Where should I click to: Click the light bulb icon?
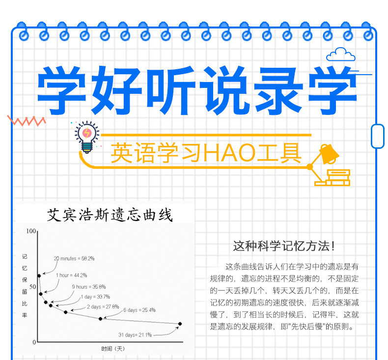point(87,137)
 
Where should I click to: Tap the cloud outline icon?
point(341,55)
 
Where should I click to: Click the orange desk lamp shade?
point(329,154)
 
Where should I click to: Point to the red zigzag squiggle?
point(27,121)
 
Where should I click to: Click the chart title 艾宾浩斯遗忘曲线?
point(110,215)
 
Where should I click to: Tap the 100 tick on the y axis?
point(31,231)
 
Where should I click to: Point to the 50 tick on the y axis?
point(33,287)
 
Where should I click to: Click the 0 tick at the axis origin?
point(34,342)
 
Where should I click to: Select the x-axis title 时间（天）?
point(113,349)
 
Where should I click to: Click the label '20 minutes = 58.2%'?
point(74,258)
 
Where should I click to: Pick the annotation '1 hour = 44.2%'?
point(72,275)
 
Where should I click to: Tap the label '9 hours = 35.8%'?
point(89,287)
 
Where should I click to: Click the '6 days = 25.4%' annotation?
point(139,310)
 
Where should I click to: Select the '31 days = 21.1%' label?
point(135,335)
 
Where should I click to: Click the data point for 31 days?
point(180,324)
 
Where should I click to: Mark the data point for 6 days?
point(101,319)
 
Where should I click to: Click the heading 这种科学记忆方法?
point(284,246)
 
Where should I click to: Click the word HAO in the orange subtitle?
point(229,153)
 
